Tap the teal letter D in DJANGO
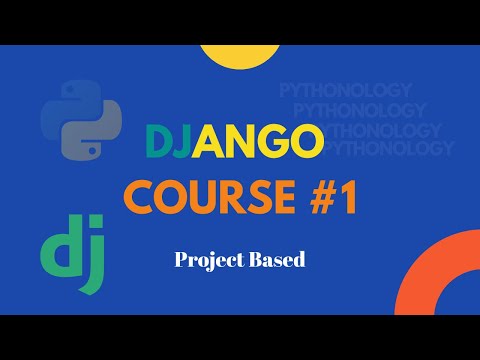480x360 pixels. (159, 143)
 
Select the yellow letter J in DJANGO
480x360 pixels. (184, 143)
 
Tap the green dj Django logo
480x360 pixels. (67, 256)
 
